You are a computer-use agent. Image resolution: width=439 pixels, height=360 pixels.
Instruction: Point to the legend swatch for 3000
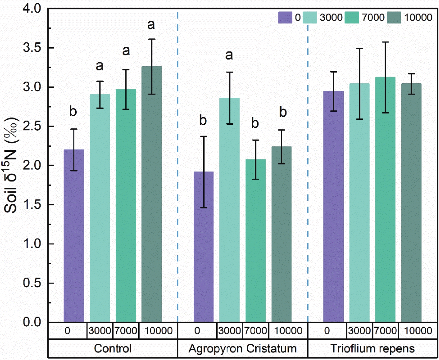coord(310,18)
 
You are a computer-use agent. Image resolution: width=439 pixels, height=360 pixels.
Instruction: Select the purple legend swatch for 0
coord(285,18)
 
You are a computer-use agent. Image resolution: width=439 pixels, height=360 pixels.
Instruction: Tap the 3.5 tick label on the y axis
coord(32,48)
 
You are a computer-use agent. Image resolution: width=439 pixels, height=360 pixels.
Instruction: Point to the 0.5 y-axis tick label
coord(32,283)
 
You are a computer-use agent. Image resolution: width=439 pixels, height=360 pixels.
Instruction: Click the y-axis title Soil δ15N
coord(11,165)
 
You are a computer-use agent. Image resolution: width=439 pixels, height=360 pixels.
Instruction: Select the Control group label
coord(113,348)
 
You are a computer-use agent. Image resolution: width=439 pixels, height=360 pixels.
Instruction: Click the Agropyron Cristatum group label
coord(242,348)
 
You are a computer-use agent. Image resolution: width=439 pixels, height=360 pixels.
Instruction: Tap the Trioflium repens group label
coord(372,348)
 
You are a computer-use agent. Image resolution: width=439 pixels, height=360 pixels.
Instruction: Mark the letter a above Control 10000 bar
coord(151,25)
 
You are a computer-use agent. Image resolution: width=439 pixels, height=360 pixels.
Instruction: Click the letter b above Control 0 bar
coord(73,111)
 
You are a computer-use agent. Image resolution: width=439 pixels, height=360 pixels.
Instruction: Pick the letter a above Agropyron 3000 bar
coord(229,55)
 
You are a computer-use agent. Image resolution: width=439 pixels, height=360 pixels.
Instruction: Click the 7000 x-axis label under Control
coord(126,331)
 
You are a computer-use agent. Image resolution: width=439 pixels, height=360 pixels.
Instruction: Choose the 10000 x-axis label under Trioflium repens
coord(418,331)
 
